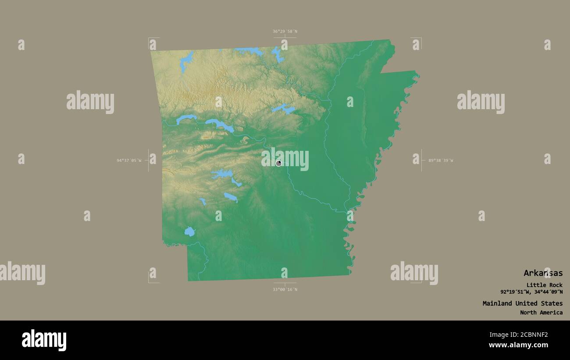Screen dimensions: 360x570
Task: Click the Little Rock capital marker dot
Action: click(279, 163)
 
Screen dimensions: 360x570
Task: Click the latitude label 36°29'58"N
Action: click(285, 31)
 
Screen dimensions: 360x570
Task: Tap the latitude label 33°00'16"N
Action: click(285, 289)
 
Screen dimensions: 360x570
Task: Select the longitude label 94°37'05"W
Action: click(129, 160)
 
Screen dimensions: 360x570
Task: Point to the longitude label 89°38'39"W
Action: click(441, 160)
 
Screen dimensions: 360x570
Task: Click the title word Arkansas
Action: click(543, 273)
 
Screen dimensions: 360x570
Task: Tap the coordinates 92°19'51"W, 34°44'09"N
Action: click(531, 292)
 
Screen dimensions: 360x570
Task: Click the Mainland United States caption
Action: click(522, 303)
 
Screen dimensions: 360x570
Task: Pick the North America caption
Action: click(541, 313)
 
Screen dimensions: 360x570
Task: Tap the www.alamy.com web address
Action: click(518, 345)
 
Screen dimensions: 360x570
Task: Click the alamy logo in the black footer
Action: click(44, 340)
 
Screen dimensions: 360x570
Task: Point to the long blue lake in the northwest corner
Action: click(186, 62)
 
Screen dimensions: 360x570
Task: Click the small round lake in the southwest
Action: click(189, 232)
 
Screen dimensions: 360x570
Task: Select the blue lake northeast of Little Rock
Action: click(283, 108)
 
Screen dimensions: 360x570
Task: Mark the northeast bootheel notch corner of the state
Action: click(381, 73)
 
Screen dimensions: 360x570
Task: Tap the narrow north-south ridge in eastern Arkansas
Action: click(364, 110)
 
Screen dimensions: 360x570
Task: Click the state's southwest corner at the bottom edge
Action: click(188, 281)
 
